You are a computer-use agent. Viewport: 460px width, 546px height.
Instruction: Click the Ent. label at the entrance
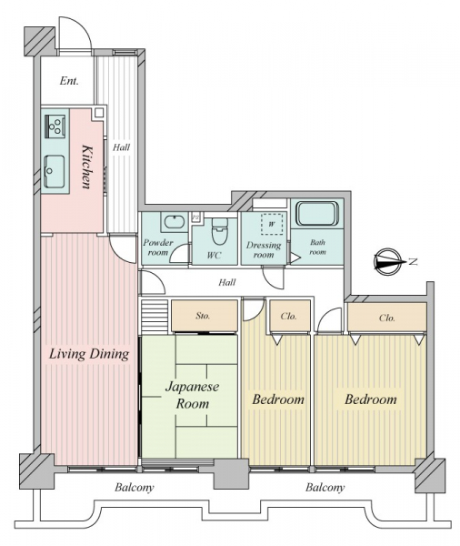tap(69, 81)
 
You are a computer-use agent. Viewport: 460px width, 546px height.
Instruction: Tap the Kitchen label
tap(87, 167)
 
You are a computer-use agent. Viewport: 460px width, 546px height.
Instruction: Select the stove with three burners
tap(55, 126)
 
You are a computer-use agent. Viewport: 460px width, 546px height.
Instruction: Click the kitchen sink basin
tap(55, 171)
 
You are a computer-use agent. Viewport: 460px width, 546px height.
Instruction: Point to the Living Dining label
tap(89, 354)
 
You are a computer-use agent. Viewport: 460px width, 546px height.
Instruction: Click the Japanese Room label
tap(192, 395)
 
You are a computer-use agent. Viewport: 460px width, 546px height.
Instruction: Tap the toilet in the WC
tap(219, 231)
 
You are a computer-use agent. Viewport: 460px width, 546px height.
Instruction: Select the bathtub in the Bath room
tap(317, 213)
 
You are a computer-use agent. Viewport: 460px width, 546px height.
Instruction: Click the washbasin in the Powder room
tap(174, 222)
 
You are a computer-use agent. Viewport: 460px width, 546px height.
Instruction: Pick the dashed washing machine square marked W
tap(272, 224)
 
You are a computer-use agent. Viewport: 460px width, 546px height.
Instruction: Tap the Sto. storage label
tap(203, 316)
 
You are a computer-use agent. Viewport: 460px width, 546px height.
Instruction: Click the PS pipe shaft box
tap(195, 217)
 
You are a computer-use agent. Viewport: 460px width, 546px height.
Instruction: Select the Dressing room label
tap(264, 250)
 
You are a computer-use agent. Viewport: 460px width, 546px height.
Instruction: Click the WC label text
tap(214, 255)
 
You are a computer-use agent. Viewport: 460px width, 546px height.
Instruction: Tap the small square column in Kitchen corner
tap(99, 113)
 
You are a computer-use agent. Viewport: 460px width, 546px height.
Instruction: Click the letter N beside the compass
tap(413, 261)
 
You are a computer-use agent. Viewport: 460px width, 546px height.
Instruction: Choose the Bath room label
tap(317, 247)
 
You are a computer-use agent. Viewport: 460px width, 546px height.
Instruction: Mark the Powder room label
tap(157, 248)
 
